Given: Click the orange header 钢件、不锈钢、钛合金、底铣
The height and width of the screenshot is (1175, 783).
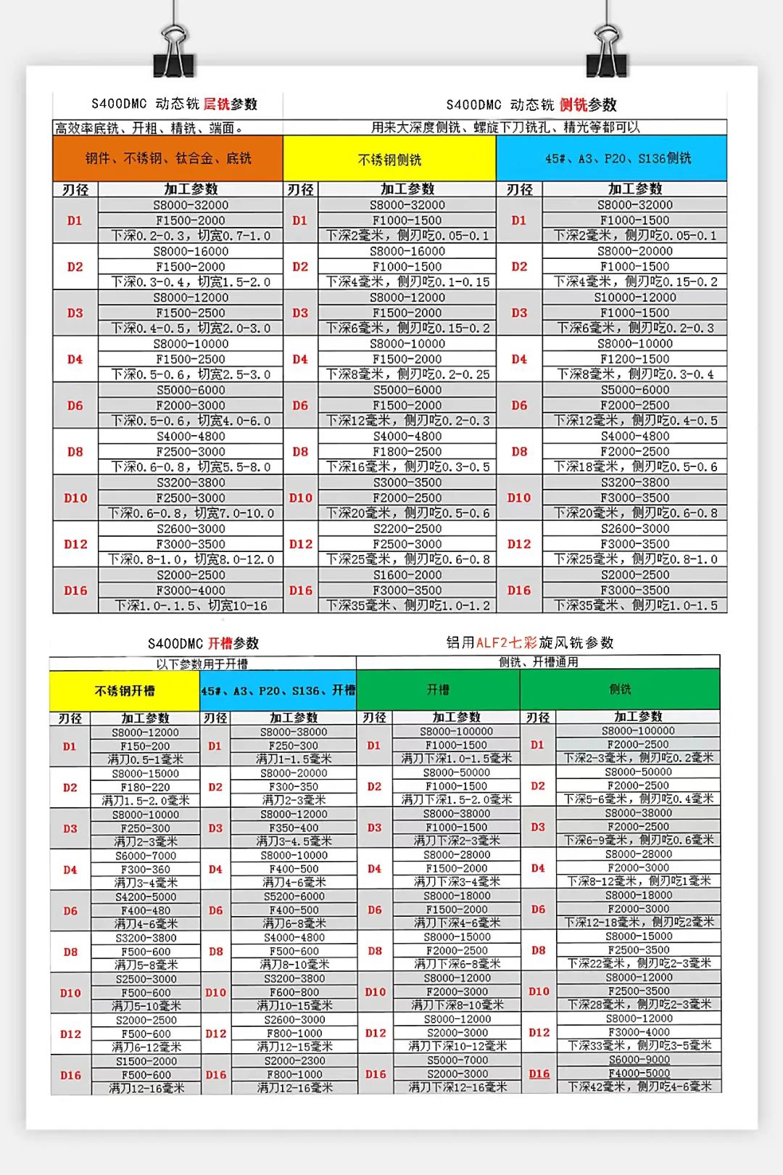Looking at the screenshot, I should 167,158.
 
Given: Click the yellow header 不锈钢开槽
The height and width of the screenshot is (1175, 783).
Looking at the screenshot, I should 125,691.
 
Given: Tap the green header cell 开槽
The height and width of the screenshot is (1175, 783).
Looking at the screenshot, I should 438,689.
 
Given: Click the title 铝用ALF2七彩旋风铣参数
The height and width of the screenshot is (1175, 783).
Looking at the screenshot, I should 530,643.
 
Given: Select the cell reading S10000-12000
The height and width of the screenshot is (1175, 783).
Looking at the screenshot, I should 635,297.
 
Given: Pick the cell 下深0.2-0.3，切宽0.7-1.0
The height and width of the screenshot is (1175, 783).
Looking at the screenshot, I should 191,236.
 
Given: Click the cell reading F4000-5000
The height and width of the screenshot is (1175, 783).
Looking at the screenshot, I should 639,1073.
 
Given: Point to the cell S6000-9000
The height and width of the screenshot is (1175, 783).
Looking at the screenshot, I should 639,1060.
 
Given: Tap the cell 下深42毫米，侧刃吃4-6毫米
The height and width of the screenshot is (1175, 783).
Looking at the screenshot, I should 639,1087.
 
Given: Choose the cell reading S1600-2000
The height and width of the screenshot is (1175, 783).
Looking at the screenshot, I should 407,575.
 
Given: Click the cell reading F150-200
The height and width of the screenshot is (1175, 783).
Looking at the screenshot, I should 145,746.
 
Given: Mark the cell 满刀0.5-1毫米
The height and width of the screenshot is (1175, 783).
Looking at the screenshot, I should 145,759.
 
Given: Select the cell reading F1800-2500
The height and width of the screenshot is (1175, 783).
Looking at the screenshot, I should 407,452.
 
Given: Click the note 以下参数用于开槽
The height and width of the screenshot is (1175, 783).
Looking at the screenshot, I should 202,664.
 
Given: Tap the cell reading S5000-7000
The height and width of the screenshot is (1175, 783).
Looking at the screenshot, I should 457,1060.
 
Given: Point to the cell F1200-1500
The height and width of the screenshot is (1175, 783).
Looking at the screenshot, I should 635,359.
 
